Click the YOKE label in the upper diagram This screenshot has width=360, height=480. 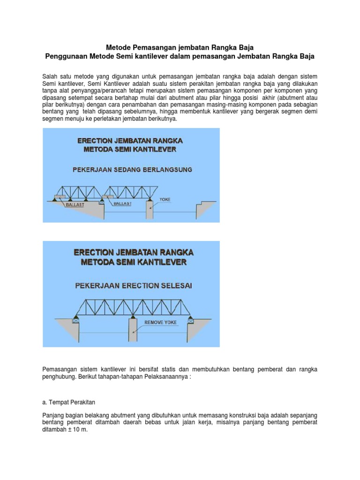click(165, 199)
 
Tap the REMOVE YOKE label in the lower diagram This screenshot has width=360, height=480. click(160, 322)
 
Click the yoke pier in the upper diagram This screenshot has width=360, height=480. click(150, 210)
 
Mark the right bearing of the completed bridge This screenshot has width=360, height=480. click(191, 321)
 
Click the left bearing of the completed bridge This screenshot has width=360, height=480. click(75, 321)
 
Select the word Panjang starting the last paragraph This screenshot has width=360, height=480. click(53, 415)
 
